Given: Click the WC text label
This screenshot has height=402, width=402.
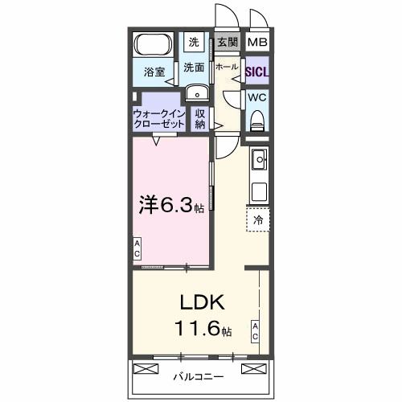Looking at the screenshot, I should pyautogui.click(x=257, y=98).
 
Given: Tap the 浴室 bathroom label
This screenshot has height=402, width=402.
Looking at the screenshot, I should pyautogui.click(x=154, y=72).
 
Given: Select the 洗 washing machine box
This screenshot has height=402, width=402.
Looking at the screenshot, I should pyautogui.click(x=194, y=42).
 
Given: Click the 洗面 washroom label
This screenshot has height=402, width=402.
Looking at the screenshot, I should pyautogui.click(x=194, y=68).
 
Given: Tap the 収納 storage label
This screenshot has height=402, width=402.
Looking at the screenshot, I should pyautogui.click(x=201, y=119).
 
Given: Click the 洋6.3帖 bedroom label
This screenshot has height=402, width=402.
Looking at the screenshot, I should pyautogui.click(x=170, y=206).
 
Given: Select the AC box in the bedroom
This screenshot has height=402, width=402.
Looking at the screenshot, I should pyautogui.click(x=137, y=249).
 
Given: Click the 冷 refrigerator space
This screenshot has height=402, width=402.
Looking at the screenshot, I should pyautogui.click(x=258, y=219).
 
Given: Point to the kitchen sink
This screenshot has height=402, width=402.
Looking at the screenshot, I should pyautogui.click(x=259, y=161).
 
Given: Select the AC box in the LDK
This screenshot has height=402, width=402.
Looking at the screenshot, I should pyautogui.click(x=254, y=331).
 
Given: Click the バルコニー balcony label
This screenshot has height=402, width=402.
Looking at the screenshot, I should pyautogui.click(x=197, y=375).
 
